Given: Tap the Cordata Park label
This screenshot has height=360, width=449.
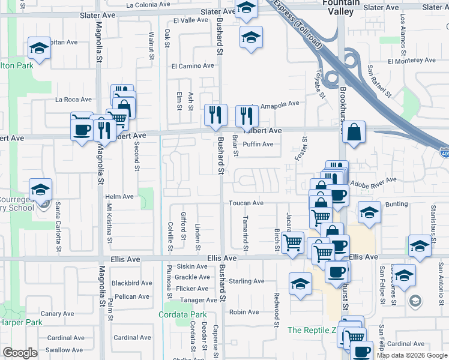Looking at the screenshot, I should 182,314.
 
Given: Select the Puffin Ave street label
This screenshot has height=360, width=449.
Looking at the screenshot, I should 258,144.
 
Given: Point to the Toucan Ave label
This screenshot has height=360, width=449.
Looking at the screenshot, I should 246,203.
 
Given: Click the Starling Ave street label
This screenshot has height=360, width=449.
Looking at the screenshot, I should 246,281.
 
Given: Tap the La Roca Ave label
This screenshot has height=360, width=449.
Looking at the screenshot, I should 73,100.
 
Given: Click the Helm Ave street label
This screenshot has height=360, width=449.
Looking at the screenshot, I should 119,197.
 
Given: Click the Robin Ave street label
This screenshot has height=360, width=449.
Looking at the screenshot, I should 244,312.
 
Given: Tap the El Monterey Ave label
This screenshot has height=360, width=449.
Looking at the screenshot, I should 411,61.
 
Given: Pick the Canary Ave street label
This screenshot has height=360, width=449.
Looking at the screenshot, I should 58,314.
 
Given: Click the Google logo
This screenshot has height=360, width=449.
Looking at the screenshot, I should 20,353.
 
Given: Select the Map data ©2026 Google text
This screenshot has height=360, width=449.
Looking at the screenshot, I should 412,355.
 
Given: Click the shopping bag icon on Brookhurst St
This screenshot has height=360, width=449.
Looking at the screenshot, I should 354,133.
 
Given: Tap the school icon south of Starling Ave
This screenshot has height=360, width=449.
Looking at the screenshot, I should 300,284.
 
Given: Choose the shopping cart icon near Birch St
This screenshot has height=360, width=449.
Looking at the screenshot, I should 292,243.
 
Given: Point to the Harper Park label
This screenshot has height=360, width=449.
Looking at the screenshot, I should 21,322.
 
